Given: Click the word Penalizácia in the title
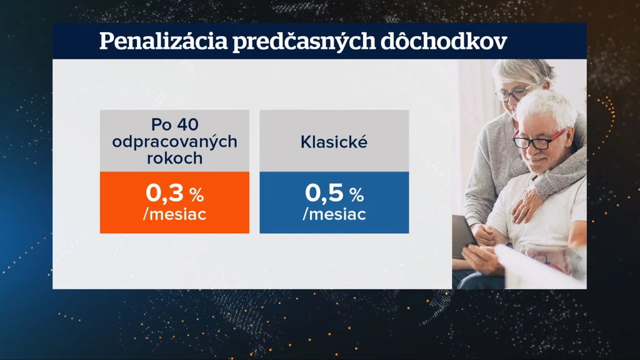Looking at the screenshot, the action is tap(163, 41).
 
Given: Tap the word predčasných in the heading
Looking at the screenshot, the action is tap(304, 42).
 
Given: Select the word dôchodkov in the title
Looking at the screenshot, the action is tap(444, 41).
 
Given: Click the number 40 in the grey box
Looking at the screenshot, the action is tap(187, 124).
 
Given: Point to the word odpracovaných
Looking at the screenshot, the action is tap(175, 142).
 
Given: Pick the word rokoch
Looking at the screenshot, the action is tap(175, 158).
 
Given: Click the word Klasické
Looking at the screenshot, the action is tap(334, 142).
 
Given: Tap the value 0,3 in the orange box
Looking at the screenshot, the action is tap(164, 192).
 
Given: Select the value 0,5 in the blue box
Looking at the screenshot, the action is tap(324, 192).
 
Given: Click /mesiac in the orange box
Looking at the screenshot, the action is tap(175, 214).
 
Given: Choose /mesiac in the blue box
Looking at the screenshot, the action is tap(334, 214).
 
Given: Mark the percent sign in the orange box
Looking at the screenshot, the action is tap(196, 195).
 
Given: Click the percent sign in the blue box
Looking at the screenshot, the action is tap(356, 195).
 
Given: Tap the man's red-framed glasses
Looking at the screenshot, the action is tap(539, 139).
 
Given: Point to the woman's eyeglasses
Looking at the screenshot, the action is tap(512, 93).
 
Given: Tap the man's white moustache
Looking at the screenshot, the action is tap(538, 157).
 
